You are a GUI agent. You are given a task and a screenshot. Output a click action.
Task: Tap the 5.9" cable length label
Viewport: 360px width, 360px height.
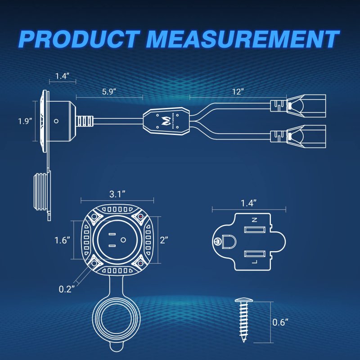(109, 92)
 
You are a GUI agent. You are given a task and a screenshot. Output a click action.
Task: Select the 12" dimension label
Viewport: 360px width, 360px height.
(238, 92)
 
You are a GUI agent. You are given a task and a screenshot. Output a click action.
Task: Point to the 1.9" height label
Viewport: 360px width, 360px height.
(25, 121)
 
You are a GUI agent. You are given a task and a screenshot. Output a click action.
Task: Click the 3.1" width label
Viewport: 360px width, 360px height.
(117, 194)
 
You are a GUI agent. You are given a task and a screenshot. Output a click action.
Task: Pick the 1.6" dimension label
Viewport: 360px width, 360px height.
(62, 240)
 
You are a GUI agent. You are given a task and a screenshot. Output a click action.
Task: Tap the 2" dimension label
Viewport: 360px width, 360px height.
(164, 240)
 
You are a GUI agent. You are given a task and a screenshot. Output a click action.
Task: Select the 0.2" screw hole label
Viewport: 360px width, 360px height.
(67, 289)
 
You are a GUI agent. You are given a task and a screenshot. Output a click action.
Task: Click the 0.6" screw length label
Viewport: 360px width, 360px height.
(280, 322)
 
